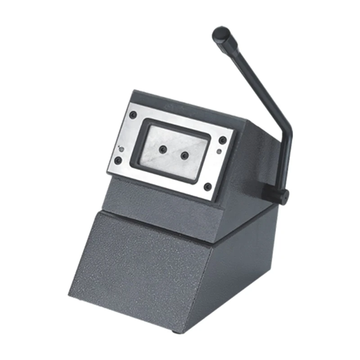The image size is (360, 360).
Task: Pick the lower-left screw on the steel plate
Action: pyautogui.click(x=118, y=160)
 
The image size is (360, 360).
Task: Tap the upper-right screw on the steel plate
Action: pyautogui.click(x=222, y=140)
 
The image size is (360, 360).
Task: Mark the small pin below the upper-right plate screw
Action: pyautogui.click(x=219, y=152)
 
